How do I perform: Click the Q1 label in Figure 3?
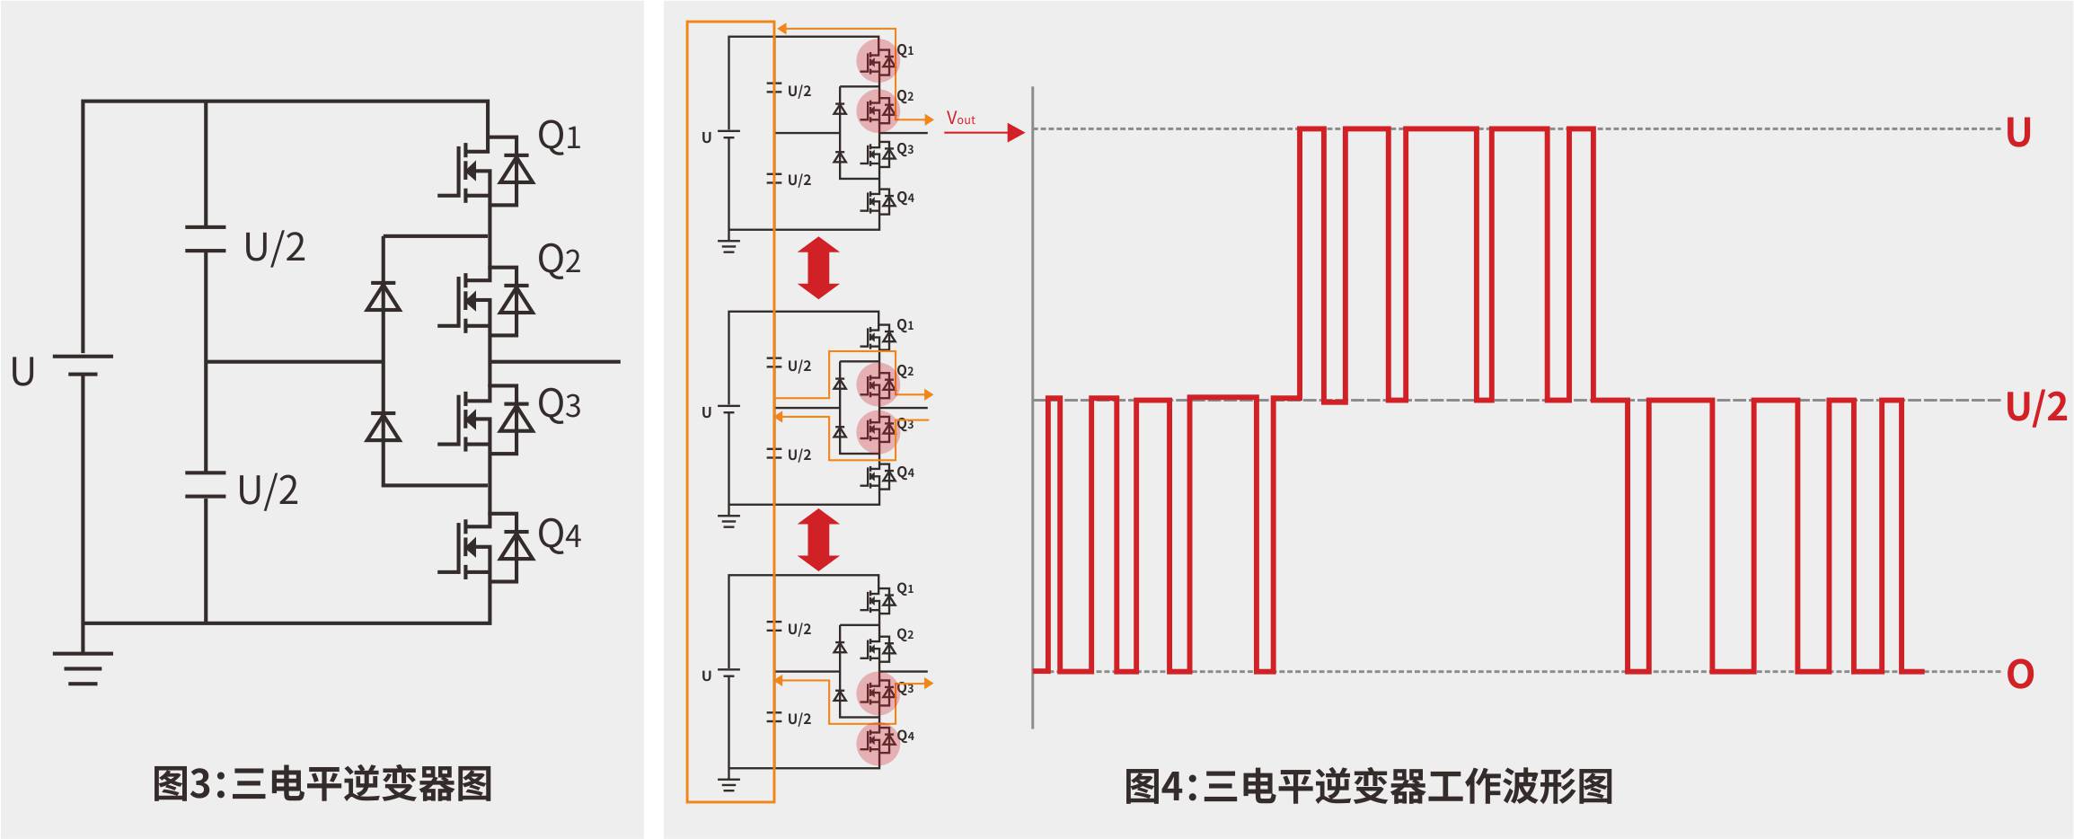[559, 137]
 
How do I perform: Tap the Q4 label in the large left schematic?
[559, 535]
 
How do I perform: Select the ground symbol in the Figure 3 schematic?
[83, 667]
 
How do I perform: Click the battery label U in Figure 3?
[22, 372]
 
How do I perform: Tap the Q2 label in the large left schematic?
[559, 261]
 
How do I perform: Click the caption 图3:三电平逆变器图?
[322, 784]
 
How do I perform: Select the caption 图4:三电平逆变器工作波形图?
[1368, 787]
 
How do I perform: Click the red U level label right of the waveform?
[2017, 134]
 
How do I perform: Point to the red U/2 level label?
[2036, 408]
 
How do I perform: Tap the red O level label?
[2020, 674]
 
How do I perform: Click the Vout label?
[960, 119]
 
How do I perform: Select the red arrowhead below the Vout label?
[1016, 133]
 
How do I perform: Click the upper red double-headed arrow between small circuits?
[818, 268]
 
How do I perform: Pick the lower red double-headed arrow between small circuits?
[818, 540]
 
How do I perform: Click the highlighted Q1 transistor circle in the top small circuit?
[878, 61]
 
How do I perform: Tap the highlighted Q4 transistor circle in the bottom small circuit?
[878, 741]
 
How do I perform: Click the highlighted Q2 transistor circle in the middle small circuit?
[878, 384]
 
